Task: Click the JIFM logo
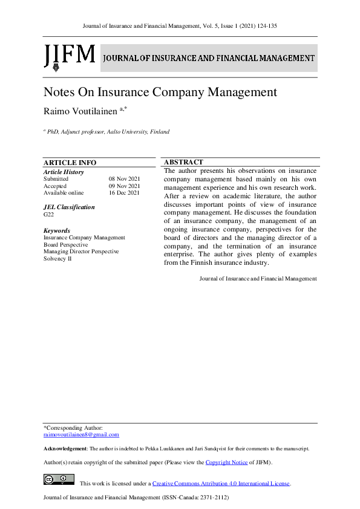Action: pos(69,57)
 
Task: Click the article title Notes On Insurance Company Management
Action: pos(160,92)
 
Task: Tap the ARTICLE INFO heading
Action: pos(70,163)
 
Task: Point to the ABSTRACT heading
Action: pos(183,162)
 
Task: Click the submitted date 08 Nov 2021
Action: pos(124,179)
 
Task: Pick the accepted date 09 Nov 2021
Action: pos(124,186)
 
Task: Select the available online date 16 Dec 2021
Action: pos(124,193)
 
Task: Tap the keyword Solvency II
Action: pos(57,258)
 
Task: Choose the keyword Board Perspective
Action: pos(65,245)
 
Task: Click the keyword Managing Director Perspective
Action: pos(81,251)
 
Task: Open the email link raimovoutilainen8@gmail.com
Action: pos(81,435)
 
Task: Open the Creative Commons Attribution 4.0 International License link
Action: pos(221,484)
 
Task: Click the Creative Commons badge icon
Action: pos(59,480)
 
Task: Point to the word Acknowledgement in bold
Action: pos(65,449)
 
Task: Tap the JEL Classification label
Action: pos(69,207)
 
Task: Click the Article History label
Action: pos(64,172)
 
